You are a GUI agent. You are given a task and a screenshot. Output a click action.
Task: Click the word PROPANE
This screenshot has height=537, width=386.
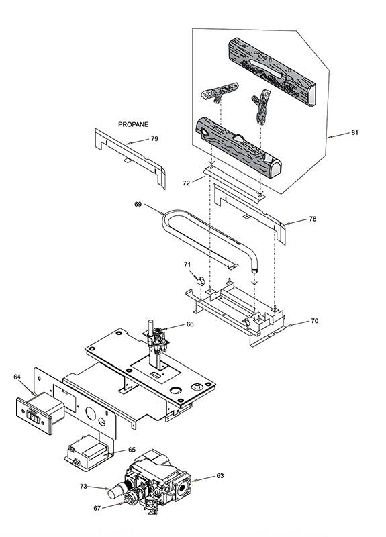click(133, 124)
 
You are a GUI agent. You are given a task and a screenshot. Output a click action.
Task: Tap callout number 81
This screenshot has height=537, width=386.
click(354, 132)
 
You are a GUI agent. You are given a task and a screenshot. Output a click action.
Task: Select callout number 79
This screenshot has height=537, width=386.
click(154, 139)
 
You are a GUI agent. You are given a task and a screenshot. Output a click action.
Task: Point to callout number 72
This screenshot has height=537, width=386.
click(186, 183)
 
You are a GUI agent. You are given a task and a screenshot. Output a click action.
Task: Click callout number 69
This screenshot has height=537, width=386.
click(138, 205)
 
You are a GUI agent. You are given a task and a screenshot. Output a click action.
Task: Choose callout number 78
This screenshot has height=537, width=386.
click(312, 219)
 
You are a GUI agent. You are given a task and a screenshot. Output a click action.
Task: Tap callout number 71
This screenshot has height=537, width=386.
click(187, 264)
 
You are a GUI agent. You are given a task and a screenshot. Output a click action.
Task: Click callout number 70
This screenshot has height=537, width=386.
click(314, 321)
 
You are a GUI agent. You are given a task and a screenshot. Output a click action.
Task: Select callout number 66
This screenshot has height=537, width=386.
click(190, 324)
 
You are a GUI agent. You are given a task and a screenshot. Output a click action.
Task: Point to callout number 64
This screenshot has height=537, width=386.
click(17, 377)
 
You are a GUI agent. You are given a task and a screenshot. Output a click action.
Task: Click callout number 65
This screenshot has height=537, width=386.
click(132, 450)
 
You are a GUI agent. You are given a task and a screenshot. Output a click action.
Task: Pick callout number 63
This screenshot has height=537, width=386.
click(220, 476)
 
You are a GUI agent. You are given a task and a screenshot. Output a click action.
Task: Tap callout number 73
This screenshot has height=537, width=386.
click(83, 486)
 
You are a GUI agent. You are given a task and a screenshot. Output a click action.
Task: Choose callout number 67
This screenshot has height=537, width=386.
click(97, 509)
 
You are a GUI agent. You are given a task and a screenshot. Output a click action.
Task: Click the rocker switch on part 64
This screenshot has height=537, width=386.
click(32, 416)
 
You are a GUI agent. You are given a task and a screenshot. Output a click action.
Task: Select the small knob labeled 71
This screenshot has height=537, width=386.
click(199, 281)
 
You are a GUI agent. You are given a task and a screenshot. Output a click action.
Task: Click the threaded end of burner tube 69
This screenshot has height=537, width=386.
click(254, 271)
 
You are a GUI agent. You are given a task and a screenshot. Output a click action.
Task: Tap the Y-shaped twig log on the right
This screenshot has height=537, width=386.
click(260, 107)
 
